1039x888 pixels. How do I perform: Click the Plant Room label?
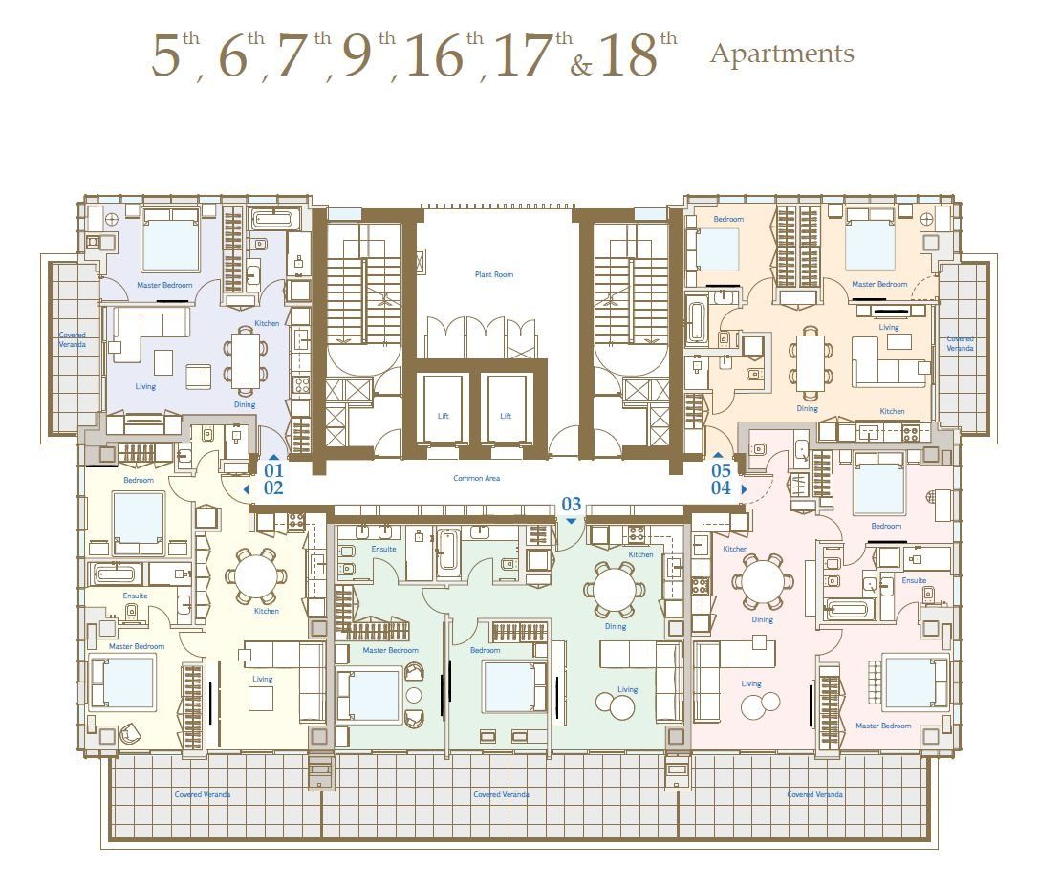[493, 274]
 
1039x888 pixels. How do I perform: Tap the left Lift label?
[444, 416]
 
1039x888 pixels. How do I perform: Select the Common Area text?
[476, 478]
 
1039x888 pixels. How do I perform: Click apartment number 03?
[572, 505]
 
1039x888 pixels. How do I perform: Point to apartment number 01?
[273, 470]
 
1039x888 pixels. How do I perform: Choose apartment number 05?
[721, 470]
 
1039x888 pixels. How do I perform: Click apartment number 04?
[721, 488]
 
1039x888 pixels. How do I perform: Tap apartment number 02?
[273, 488]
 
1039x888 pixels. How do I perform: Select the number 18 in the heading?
[629, 57]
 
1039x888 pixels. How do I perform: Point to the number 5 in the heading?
[165, 57]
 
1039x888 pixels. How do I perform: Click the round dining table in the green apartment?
[615, 589]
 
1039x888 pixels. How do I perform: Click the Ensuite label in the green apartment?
[383, 549]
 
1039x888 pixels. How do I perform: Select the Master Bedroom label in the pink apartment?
[883, 726]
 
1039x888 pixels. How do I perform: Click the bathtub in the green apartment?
[448, 550]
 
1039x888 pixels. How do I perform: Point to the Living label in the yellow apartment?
[263, 679]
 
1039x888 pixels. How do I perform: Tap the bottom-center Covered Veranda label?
[502, 794]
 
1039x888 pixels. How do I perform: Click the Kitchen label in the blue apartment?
[267, 323]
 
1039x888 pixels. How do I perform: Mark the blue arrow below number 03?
[572, 522]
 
